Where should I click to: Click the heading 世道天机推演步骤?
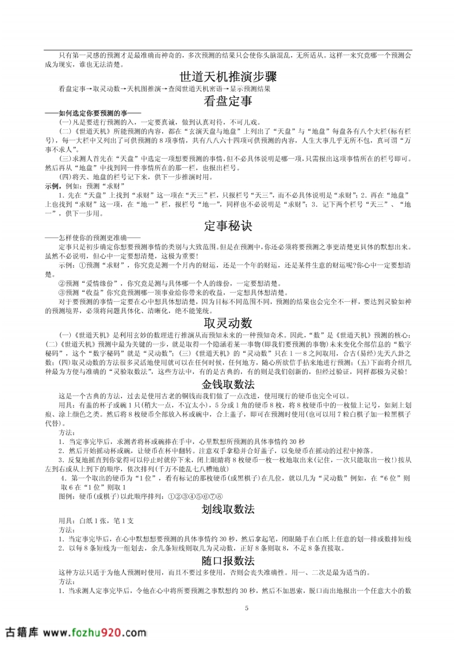(228, 77)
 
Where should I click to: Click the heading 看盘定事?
(228, 102)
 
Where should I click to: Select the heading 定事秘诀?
(228, 226)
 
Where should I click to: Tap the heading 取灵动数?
(228, 322)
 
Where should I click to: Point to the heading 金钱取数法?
(228, 383)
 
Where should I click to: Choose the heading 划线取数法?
(228, 508)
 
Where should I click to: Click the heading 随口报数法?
(228, 560)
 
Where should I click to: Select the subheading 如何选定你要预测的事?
(94, 113)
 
